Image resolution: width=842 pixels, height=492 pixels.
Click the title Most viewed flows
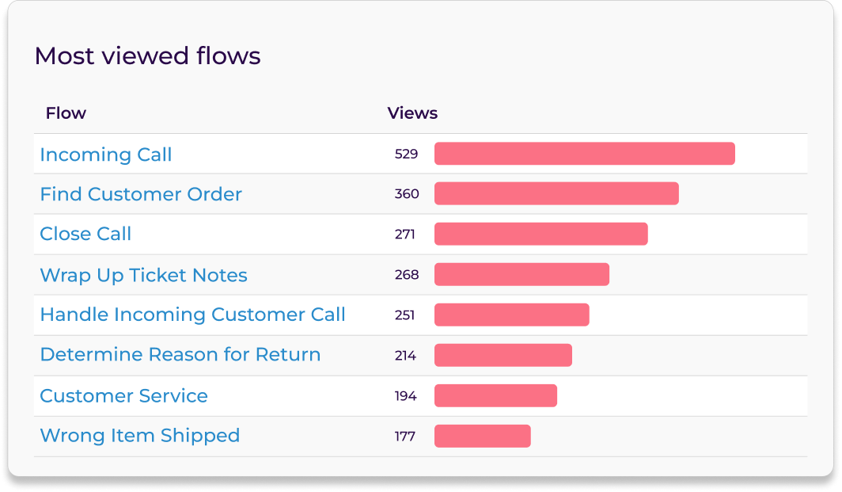147,56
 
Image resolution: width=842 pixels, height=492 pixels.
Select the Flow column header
66,113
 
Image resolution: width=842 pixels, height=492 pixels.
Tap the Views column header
412,113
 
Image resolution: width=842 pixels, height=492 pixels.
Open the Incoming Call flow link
105,154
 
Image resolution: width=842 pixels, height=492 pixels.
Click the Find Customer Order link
141,194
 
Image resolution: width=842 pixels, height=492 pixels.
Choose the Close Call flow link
85,234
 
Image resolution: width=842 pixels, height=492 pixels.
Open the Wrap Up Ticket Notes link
143,275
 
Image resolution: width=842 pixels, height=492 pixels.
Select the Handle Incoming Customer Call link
192,315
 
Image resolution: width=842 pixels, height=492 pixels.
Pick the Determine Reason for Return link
180,354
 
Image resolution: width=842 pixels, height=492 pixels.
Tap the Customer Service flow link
123,395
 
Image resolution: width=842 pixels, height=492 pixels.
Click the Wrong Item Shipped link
139,435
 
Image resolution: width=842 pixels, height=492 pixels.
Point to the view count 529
406,154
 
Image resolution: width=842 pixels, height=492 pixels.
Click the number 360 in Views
407,194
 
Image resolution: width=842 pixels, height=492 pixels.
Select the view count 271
404,234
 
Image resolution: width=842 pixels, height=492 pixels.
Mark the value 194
405,395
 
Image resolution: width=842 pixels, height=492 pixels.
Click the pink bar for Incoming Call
584,154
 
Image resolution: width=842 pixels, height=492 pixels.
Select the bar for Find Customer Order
556,193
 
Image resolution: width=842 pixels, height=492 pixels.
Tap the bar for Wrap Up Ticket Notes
522,274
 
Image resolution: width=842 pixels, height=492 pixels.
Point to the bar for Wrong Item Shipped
482,436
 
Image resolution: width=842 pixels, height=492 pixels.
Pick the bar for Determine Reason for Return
503,355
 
